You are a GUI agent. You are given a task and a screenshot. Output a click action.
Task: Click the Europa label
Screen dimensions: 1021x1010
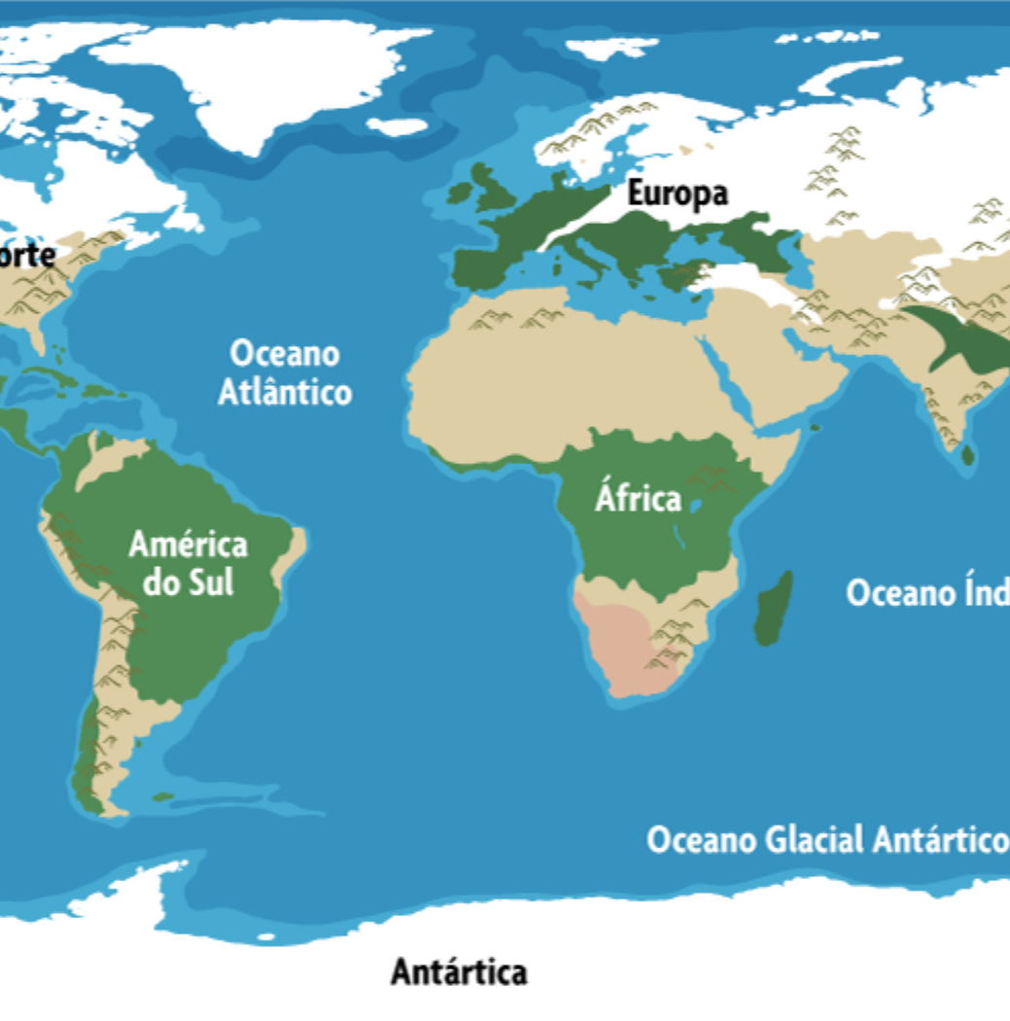[x=677, y=194]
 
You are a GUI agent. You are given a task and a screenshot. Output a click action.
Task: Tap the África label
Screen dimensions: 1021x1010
[x=638, y=499]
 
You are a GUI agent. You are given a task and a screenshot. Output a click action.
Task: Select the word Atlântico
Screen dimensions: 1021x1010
[x=284, y=393]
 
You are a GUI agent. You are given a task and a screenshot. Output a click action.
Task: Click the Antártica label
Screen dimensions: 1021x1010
[x=459, y=970]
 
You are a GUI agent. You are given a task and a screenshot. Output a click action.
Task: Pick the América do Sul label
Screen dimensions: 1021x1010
[x=188, y=563]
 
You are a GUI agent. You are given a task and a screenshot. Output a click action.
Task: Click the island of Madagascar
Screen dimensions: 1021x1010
[x=774, y=608]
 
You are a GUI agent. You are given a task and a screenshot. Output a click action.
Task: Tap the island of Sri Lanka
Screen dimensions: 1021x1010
[x=968, y=454]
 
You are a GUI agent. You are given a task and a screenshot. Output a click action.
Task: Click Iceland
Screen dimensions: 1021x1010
[x=398, y=126]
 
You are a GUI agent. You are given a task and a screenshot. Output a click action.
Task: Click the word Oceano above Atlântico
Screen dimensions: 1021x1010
[x=285, y=354]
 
